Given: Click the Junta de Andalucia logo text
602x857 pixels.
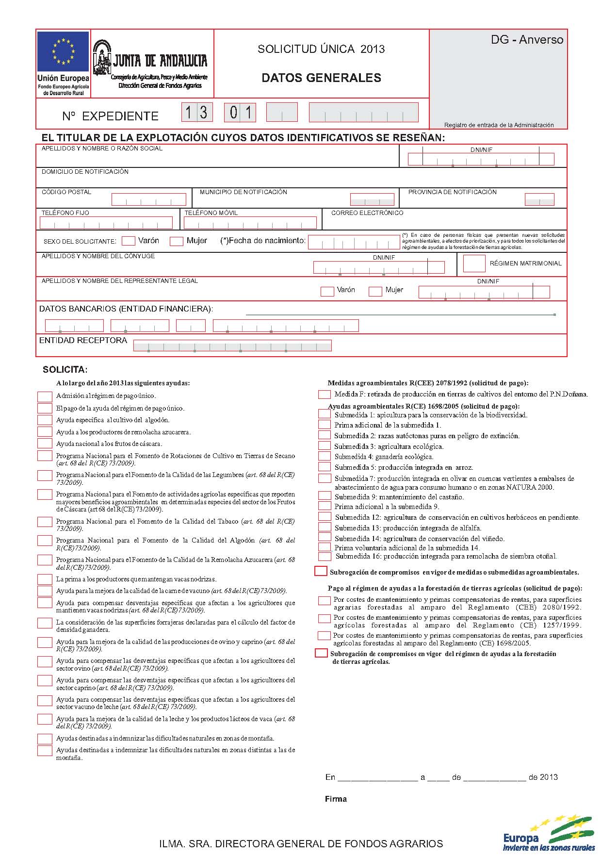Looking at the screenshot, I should (160, 61).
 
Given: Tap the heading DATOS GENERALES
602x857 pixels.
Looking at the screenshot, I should (321, 78).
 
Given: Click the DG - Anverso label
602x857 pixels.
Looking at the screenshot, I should (527, 40).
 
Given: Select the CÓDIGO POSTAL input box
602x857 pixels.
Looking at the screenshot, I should (148, 199).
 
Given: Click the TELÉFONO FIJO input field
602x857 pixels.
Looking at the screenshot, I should (106, 223).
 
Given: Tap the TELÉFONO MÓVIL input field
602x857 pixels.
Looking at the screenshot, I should (250, 223).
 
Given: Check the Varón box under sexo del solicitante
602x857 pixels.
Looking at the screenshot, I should (129, 241).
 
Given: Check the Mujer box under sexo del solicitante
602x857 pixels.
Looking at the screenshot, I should (177, 241).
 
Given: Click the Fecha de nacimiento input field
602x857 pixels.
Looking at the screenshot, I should (353, 242).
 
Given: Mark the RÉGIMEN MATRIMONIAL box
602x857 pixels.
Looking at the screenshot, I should (474, 264).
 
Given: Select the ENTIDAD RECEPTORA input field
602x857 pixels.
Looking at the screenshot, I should (232, 346).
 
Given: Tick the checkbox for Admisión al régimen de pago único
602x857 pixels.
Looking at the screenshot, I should (45, 396).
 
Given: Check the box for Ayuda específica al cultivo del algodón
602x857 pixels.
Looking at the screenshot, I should (45, 420).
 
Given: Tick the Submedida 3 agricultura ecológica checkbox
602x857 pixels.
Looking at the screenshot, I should (324, 446).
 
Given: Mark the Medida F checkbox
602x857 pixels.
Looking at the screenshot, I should (324, 395).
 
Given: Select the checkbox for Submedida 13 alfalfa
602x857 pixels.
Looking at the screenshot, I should (324, 527).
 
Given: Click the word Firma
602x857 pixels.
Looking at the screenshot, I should (336, 799).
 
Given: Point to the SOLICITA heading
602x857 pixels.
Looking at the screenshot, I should (65, 369).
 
